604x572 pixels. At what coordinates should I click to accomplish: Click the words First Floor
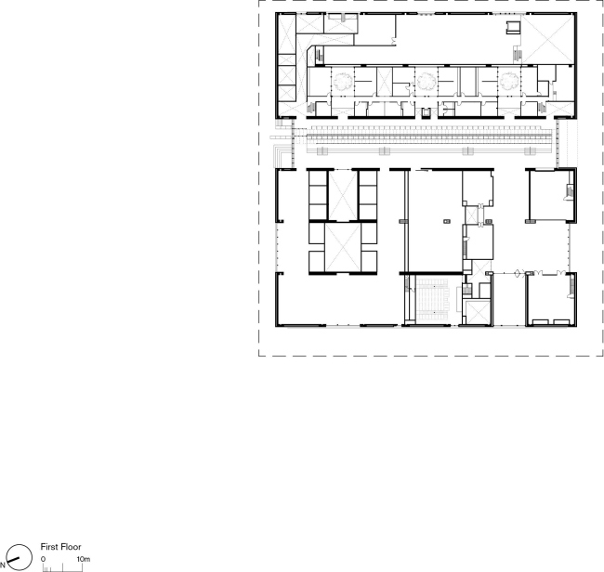click(60, 547)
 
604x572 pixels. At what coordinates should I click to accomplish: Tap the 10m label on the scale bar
click(84, 559)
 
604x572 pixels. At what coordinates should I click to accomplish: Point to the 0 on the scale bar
click(43, 559)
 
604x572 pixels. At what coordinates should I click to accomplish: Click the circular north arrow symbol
click(19, 557)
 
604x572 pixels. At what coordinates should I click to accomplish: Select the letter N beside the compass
click(2, 565)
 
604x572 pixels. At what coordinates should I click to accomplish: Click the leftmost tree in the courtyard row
click(343, 82)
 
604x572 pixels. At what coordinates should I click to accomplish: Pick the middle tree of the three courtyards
click(427, 82)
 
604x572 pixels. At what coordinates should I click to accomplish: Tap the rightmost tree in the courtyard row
click(509, 82)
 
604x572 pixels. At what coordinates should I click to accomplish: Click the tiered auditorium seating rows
click(433, 301)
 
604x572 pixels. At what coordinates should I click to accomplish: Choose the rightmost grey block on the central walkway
click(530, 151)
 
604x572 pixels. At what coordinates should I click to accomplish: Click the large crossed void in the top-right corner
click(547, 39)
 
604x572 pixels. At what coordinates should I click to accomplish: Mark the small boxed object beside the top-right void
click(513, 27)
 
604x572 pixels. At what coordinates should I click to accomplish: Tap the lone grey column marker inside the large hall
click(447, 221)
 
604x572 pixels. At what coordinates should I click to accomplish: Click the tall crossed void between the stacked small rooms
click(343, 196)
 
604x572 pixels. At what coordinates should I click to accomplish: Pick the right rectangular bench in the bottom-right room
click(561, 322)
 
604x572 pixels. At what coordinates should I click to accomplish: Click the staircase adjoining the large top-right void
click(518, 55)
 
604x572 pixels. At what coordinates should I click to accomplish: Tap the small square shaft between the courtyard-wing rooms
click(426, 113)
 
